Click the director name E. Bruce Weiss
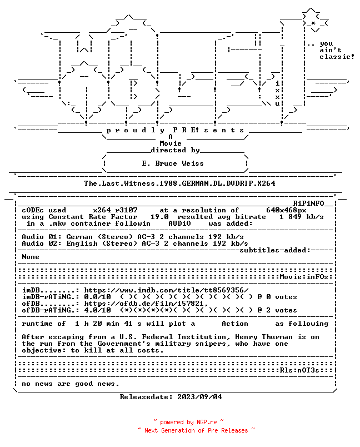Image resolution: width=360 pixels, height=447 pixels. click(173, 163)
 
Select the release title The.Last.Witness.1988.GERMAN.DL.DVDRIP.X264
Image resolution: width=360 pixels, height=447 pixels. click(179, 183)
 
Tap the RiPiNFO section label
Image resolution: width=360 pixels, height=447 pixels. click(309, 203)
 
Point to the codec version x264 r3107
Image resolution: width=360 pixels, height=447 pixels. click(116, 210)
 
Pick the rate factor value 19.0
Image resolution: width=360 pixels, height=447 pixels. click(159, 217)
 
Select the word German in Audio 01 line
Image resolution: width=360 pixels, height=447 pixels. click(79, 237)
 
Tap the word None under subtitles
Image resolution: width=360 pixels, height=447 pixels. click(31, 257)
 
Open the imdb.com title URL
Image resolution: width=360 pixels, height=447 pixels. click(166, 290)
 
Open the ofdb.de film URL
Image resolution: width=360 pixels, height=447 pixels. click(146, 304)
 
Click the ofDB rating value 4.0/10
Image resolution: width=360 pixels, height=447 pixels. click(97, 310)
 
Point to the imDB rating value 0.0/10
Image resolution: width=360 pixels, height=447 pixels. click(97, 297)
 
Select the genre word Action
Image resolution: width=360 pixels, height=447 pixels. click(235, 324)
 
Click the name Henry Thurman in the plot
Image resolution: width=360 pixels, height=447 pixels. click(264, 337)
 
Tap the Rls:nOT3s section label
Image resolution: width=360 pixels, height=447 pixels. click(299, 370)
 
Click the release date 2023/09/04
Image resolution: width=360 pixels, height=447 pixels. click(199, 397)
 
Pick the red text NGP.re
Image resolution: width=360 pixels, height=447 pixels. click(207, 422)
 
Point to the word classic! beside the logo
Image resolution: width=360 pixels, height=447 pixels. click(337, 57)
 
